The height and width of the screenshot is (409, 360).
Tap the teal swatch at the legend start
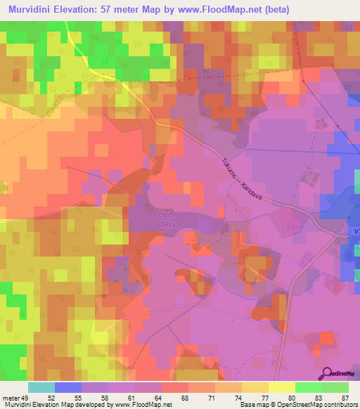[41, 387]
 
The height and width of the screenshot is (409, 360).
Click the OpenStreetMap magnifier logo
[327, 373]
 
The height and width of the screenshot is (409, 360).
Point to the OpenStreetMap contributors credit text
[310, 405]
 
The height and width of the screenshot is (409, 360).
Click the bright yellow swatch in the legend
[282, 387]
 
